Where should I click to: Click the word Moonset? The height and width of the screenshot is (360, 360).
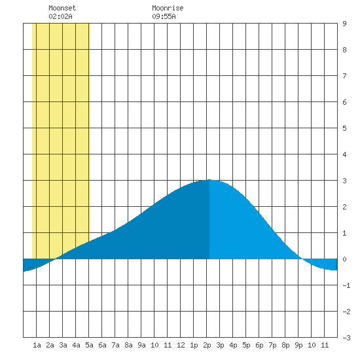62,8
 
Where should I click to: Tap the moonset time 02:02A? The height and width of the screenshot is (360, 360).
60,16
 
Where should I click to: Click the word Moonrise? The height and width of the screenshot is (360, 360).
168,8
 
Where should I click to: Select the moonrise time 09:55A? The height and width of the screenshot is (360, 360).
164,16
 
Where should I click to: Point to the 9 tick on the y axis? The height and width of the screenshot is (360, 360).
344,24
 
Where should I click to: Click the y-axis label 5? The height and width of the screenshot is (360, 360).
344,128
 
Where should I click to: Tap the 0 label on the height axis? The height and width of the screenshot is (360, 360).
344,259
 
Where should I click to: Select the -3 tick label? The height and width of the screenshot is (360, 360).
346,338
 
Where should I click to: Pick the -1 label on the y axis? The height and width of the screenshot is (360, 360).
346,285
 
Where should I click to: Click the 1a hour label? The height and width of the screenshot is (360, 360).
37,345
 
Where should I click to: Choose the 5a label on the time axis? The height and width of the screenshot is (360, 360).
89,345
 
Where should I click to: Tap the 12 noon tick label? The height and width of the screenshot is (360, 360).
181,345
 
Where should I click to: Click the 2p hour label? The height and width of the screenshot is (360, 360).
207,345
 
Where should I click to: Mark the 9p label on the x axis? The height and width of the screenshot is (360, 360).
298,345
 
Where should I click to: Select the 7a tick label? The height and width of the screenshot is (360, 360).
115,345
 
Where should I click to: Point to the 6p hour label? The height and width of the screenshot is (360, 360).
259,345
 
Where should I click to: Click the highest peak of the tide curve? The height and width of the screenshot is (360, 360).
209,180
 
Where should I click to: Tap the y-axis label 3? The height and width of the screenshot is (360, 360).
344,181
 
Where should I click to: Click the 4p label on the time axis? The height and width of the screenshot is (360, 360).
233,345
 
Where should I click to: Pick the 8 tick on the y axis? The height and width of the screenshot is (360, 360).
344,50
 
